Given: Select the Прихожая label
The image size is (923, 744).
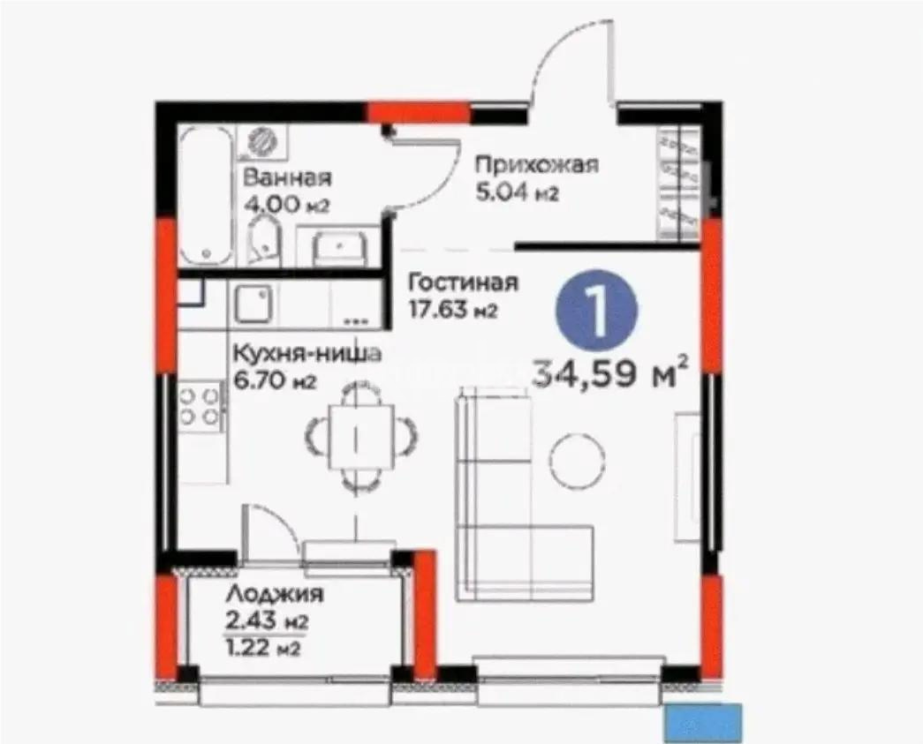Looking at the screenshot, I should (536, 164).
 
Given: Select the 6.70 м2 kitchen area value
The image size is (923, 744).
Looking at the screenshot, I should (273, 381).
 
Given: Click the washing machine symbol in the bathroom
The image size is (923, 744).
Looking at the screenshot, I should (261, 139).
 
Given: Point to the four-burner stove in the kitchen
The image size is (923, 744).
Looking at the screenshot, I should (200, 405).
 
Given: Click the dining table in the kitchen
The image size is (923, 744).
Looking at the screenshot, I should (360, 433).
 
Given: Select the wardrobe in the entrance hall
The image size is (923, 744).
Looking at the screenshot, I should (678, 183).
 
